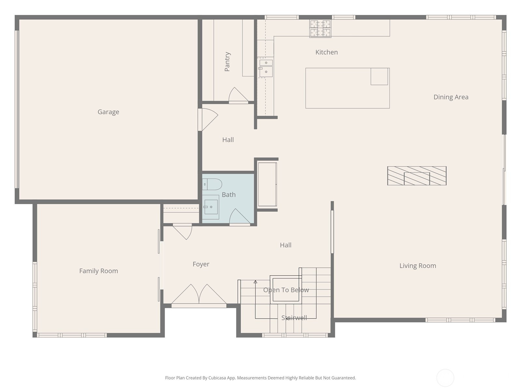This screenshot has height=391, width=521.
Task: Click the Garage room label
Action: [108, 112]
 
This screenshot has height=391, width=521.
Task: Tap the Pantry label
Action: [227, 62]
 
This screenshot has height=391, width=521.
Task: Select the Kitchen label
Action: [326, 52]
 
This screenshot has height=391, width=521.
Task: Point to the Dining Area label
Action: [451, 97]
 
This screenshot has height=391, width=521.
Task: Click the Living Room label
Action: [417, 266]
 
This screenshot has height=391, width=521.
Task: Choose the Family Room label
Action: [99, 271]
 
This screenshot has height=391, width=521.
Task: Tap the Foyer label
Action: [201, 264]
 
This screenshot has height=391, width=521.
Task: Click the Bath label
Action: [229, 195]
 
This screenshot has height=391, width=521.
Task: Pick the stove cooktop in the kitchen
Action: [320, 28]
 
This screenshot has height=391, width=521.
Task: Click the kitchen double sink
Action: [266, 68]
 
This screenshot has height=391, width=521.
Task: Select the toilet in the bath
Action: [212, 184]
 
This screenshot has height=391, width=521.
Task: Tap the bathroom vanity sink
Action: [211, 207]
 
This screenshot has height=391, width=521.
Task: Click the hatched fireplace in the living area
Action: [416, 176]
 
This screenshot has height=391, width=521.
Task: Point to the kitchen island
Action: [347, 88]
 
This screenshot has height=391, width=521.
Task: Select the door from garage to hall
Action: [208, 119]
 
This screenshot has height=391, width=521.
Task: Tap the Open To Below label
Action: [286, 290]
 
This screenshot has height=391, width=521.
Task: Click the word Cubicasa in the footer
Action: [217, 378]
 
